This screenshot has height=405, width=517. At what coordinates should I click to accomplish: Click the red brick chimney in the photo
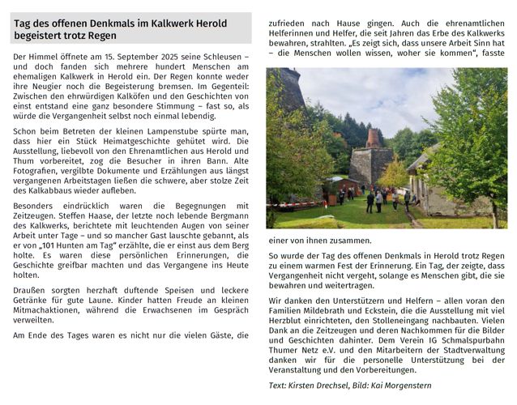(x=373, y=138)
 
